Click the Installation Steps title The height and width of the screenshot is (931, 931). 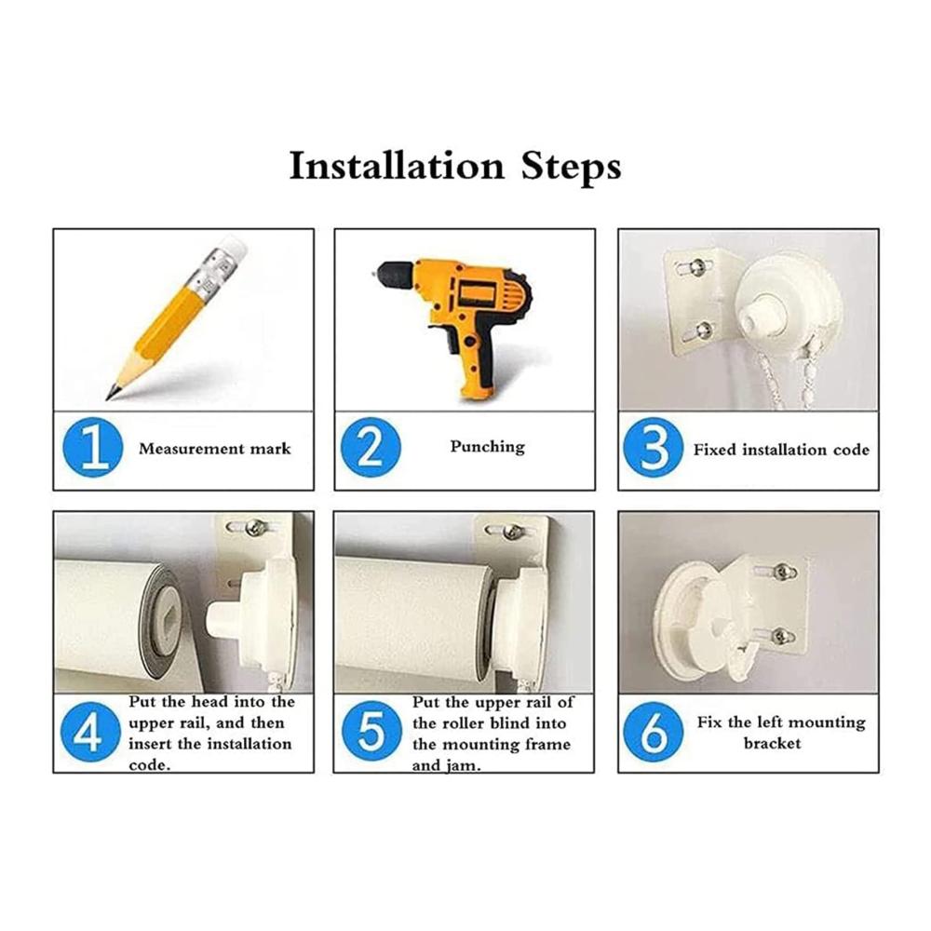[x=455, y=167]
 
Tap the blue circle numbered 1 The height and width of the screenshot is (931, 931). [x=92, y=447]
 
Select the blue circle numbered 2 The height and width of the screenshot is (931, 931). [x=371, y=447]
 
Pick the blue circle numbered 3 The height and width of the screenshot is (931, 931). [x=654, y=447]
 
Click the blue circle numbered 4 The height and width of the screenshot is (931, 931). [x=90, y=732]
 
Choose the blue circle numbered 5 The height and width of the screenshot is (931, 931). [x=372, y=732]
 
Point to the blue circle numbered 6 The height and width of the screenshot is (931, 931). [x=654, y=732]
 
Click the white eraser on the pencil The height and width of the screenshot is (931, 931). [x=233, y=245]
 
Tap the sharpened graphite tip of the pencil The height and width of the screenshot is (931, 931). [x=111, y=393]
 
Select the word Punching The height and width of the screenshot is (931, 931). [x=488, y=447]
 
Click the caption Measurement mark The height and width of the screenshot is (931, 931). [x=215, y=449]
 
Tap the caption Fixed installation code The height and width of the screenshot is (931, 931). [x=781, y=450]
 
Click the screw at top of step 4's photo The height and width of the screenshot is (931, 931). [x=257, y=527]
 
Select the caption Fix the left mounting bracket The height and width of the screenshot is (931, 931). [x=780, y=733]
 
